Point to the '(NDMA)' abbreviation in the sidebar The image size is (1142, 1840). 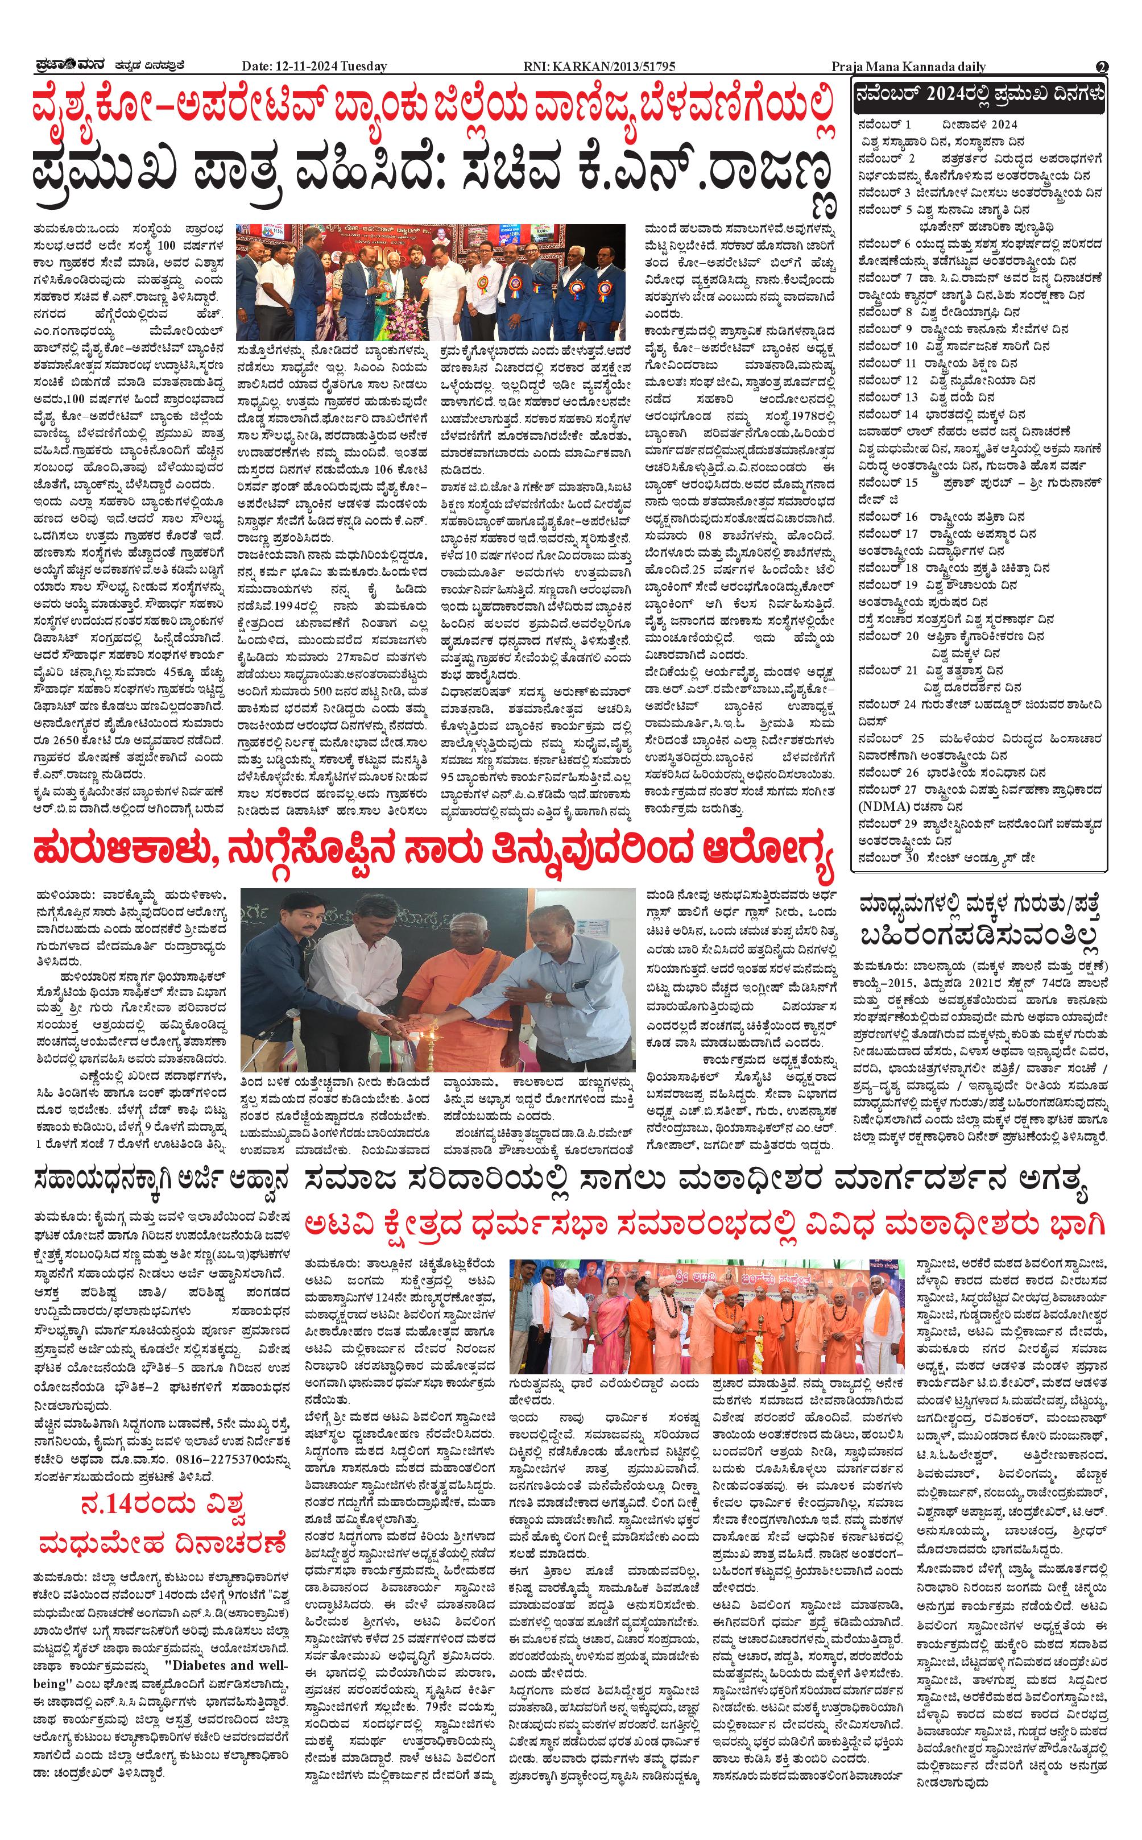pos(882,806)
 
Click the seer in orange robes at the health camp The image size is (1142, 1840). pos(442,981)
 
